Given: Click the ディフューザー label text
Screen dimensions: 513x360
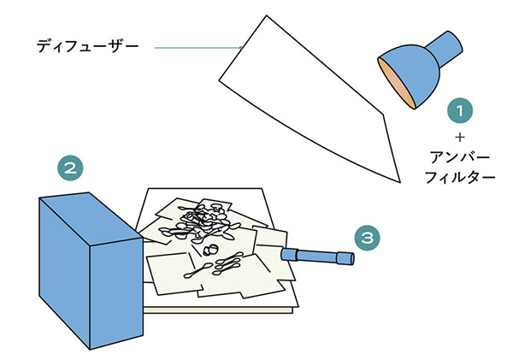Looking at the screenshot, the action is click(87, 46).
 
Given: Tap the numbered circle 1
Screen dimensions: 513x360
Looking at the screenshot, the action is click(460, 110).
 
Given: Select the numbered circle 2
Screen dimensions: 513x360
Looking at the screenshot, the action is click(70, 168).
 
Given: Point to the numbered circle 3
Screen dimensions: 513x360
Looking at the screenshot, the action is click(367, 238).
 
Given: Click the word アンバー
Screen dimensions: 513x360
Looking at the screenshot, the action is click(460, 157).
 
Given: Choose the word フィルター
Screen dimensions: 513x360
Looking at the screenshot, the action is click(460, 177).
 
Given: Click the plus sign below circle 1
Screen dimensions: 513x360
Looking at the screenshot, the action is click(460, 138).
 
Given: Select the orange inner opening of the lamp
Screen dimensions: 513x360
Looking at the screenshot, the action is click(395, 82).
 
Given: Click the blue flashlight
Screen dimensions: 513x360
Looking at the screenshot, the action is click(317, 256).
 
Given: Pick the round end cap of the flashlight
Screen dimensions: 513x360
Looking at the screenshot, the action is click(351, 259).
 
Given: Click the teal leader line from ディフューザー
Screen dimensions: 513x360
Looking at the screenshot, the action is click(198, 48).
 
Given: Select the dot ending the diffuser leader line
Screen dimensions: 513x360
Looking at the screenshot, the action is click(241, 48).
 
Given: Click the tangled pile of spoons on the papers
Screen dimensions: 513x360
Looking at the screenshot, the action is click(199, 222).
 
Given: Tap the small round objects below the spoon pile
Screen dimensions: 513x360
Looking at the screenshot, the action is click(210, 251).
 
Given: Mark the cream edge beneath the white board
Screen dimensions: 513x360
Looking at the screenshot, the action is click(218, 310).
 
